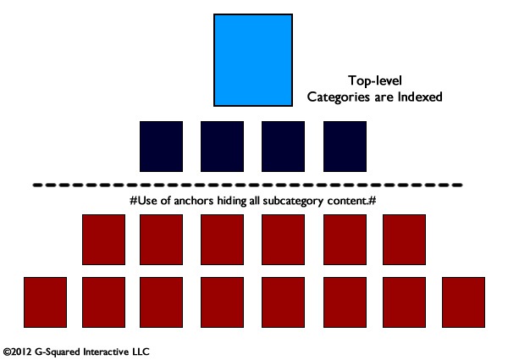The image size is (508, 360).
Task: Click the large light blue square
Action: pyautogui.click(x=253, y=60)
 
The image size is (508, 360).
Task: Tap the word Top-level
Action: pyautogui.click(x=375, y=80)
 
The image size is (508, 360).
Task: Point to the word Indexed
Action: pyautogui.click(x=420, y=97)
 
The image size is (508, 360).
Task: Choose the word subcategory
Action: pyautogui.click(x=293, y=202)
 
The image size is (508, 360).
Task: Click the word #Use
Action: pyautogui.click(x=144, y=201)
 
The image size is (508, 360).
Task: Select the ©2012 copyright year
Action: pyautogui.click(x=18, y=352)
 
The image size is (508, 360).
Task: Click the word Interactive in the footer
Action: pyautogui.click(x=106, y=352)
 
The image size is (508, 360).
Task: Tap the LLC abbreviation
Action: pyautogui.click(x=141, y=352)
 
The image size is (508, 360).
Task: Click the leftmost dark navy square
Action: pyautogui.click(x=161, y=147)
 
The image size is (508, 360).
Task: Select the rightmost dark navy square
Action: pyautogui.click(x=345, y=147)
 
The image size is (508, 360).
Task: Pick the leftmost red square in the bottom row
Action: pyautogui.click(x=45, y=302)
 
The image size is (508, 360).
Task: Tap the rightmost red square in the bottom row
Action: pyautogui.click(x=463, y=302)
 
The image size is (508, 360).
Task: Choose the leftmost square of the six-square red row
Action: pyautogui.click(x=103, y=240)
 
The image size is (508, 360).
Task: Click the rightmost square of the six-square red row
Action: pyautogui.click(x=404, y=240)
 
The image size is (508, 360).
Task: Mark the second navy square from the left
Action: pyautogui.click(x=222, y=147)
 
